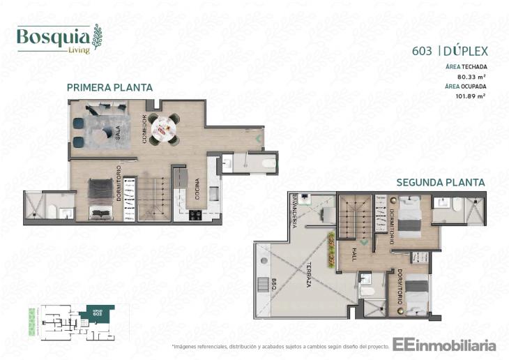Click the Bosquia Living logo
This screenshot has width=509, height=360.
point(59,38)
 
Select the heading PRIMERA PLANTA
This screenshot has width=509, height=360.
point(109,87)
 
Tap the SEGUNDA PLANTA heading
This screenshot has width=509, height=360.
point(440,182)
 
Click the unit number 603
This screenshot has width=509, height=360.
point(423,50)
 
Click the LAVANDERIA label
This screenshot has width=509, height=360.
point(296,210)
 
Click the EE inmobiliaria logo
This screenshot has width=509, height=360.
point(444,345)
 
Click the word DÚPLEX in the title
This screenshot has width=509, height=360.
point(466,50)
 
